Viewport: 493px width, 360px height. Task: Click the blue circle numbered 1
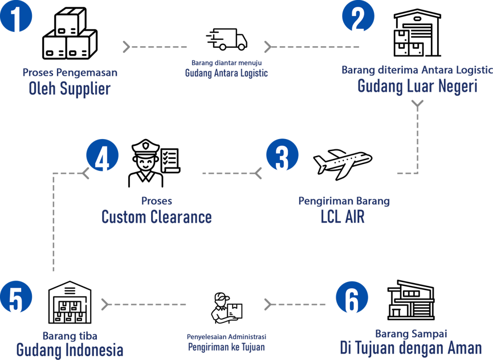pyautogui.click(x=16, y=16)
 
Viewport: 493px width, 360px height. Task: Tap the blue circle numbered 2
pyautogui.click(x=358, y=16)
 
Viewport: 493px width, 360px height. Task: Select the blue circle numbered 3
pyautogui.click(x=282, y=154)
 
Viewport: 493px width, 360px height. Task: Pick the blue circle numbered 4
pyautogui.click(x=103, y=155)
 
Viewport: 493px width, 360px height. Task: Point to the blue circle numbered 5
pyautogui.click(x=16, y=297)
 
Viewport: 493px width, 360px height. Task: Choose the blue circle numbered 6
pyautogui.click(x=352, y=297)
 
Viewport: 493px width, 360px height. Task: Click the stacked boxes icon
pyautogui.click(x=70, y=33)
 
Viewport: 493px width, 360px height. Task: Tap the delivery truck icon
pyautogui.click(x=227, y=39)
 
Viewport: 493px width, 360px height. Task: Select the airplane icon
pyautogui.click(x=343, y=164)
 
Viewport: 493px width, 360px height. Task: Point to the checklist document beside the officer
pyautogui.click(x=170, y=160)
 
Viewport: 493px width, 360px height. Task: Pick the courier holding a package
pyautogui.click(x=227, y=308)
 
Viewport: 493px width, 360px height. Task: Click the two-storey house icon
pyautogui.click(x=411, y=300)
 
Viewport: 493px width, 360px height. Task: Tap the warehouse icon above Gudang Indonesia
pyautogui.click(x=70, y=302)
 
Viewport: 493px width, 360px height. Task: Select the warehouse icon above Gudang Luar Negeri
pyautogui.click(x=417, y=33)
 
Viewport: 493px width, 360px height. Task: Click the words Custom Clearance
pyautogui.click(x=156, y=217)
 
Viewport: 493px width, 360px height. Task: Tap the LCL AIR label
pyautogui.click(x=343, y=217)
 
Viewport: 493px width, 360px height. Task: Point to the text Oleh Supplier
pyautogui.click(x=70, y=89)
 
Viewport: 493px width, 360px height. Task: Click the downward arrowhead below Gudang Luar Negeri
pyautogui.click(x=417, y=104)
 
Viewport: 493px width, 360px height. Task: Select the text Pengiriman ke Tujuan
pyautogui.click(x=226, y=347)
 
